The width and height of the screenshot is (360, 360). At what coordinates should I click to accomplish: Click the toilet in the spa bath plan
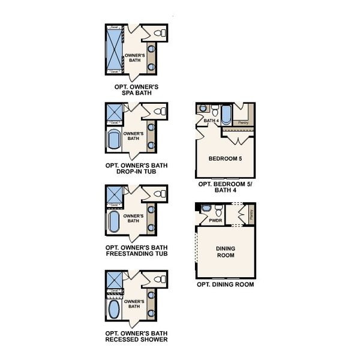[x=158, y=32]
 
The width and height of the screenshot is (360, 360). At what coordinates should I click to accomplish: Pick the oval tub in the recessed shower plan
[x=114, y=310]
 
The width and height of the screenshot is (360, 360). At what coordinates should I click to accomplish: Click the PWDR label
[x=215, y=221]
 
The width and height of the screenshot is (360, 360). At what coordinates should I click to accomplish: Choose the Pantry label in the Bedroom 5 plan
[x=243, y=122]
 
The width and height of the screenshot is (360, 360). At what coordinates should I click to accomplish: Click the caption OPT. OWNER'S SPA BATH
[x=136, y=90]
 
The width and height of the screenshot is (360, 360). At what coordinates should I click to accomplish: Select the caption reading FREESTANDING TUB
[x=136, y=253]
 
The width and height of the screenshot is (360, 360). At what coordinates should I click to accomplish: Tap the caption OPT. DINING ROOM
[x=225, y=285]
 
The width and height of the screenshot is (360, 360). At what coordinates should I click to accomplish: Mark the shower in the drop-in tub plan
[x=114, y=112]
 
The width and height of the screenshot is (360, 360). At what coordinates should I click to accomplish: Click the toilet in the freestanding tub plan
[x=158, y=194]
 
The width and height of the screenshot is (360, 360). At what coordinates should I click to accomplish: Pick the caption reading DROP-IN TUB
[x=136, y=170]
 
